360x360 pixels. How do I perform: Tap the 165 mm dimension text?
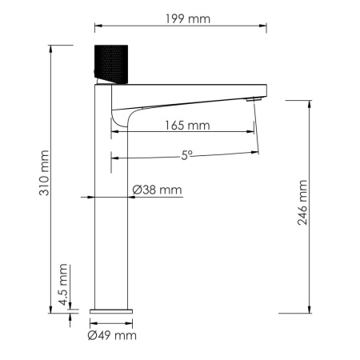(186, 125)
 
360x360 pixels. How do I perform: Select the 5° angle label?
(186, 157)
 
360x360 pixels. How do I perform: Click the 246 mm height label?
(302, 204)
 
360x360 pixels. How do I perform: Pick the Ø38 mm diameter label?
(157, 190)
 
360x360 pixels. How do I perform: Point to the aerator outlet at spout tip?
(253, 99)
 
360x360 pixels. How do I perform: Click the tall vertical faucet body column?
(112, 208)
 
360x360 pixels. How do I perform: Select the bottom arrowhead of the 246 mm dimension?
(310, 310)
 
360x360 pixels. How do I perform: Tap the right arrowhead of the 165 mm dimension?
(253, 131)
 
